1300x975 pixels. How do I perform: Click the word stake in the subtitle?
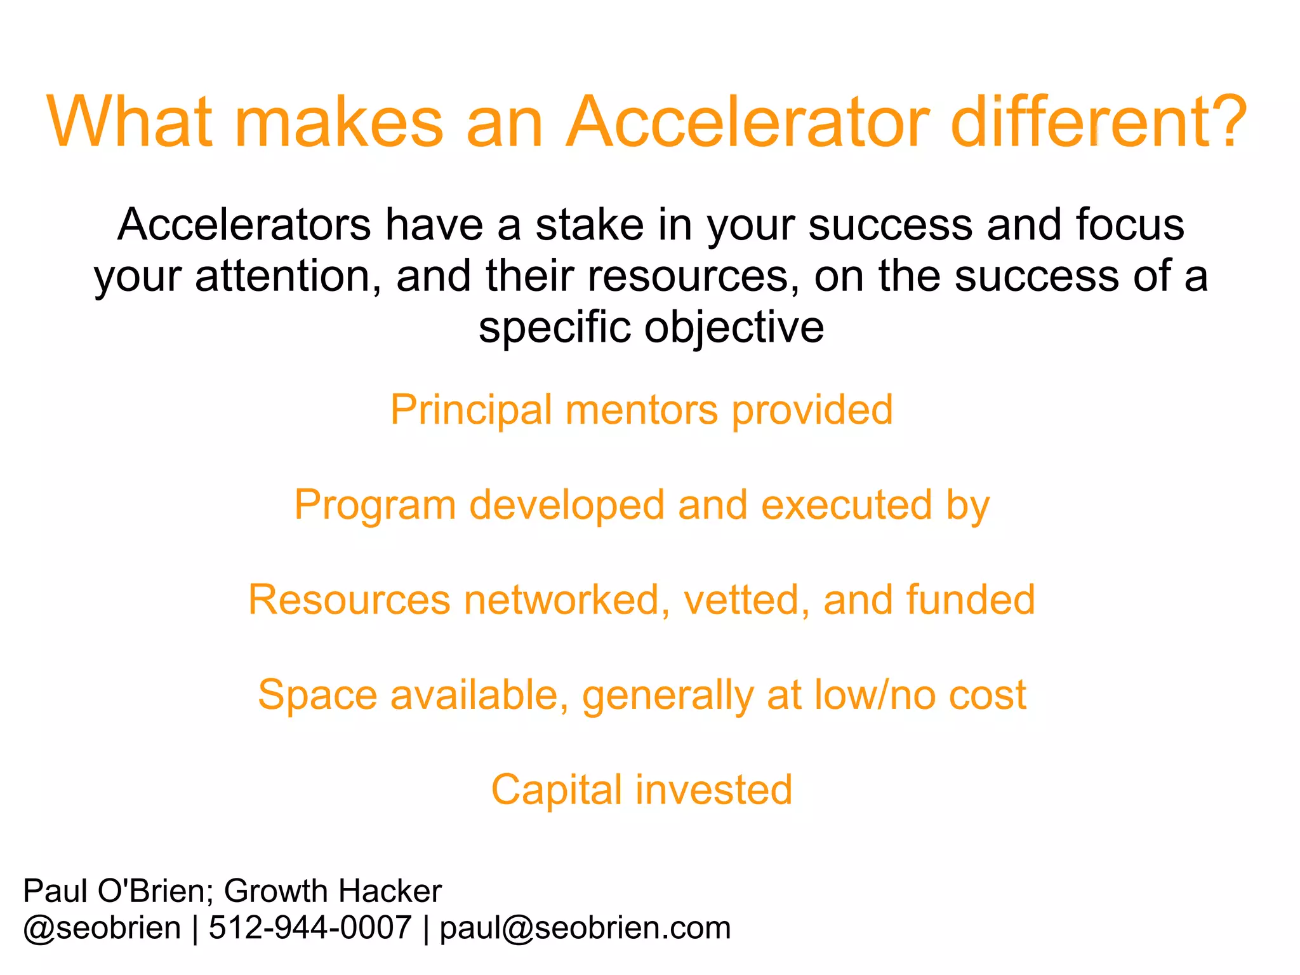coord(589,225)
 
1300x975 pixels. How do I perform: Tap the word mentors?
coord(641,410)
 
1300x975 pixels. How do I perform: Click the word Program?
coord(375,506)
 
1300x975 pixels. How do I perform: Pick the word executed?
coord(847,505)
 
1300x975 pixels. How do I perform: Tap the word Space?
coord(317,695)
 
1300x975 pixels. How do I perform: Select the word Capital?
coord(556,791)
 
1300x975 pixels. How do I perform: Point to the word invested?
coord(714,790)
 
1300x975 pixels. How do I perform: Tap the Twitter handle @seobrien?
coord(102,928)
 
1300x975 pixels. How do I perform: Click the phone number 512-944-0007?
coord(310,928)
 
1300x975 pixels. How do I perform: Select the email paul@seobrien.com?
coord(585,928)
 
